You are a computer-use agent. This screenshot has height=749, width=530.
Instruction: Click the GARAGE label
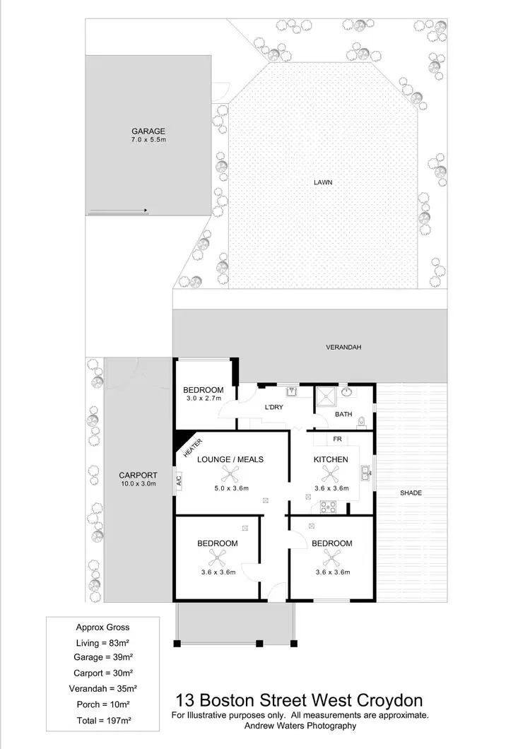148,131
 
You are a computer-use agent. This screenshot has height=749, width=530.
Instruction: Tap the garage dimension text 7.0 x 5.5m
148,140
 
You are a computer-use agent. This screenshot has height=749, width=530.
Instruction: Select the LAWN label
323,182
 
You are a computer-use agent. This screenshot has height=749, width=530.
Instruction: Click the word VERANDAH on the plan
343,348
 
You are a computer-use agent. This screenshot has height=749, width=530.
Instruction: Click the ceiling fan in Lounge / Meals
230,475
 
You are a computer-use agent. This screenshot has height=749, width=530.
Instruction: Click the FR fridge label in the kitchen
337,440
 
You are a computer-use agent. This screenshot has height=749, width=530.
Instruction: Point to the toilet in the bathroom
362,422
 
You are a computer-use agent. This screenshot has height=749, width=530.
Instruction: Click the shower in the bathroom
326,398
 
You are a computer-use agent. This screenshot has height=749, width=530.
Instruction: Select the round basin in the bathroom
346,391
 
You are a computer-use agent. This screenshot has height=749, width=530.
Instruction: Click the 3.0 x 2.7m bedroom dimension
203,399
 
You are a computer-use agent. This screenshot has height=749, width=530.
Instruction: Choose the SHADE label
411,493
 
